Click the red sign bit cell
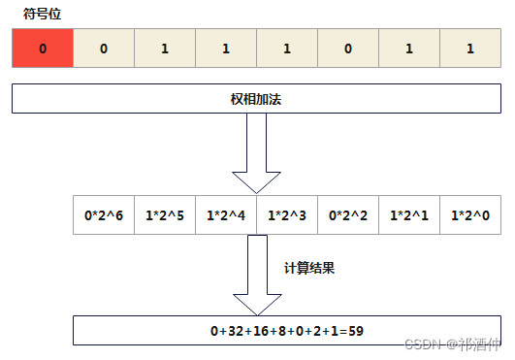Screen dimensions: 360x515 coord(42,49)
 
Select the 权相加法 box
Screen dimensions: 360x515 coord(256,99)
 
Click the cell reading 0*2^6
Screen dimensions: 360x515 coord(103,214)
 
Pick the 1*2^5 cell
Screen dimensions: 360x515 coord(164,214)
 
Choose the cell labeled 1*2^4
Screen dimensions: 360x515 coord(225,214)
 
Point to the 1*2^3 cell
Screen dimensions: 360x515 coord(286,214)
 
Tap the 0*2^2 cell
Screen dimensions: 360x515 coord(347,214)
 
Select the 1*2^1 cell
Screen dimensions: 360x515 coord(408,214)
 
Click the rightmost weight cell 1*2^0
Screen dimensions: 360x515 coord(469,214)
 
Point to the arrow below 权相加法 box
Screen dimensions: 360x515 coord(256,155)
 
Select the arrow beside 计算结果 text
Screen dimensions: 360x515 coord(256,277)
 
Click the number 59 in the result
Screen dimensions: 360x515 coord(355,331)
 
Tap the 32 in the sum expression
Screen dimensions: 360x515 coord(236,331)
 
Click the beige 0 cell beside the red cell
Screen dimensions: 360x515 coord(103,49)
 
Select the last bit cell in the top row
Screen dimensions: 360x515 coord(469,49)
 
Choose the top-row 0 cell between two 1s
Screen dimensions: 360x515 coord(347,49)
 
